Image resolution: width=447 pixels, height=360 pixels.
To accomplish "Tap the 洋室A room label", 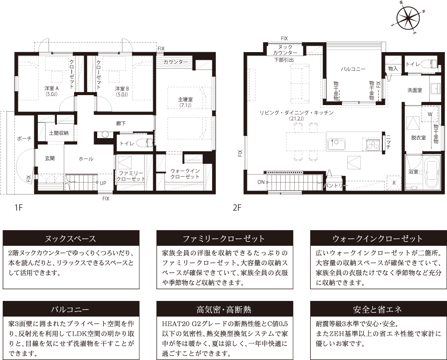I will pos(51,91).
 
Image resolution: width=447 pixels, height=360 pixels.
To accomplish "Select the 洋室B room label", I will pos(122,91).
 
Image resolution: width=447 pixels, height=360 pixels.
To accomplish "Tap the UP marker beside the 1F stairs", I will pos(103,183).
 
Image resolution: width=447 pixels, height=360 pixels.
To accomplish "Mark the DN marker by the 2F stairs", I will pos(261,182).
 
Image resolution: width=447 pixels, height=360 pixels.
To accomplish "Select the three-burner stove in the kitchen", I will pos(373,144).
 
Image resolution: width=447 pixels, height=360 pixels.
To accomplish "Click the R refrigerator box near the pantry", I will pos(394,183).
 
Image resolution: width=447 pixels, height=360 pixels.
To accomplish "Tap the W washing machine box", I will pos(430,115).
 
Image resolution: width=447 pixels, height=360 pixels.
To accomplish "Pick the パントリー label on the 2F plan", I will pos(336,185).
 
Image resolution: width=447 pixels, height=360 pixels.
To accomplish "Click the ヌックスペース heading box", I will pos(71,239).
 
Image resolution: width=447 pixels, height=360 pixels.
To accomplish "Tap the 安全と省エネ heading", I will pos(377,310).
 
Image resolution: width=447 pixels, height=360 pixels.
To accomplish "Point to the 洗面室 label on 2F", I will pos(414,90).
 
